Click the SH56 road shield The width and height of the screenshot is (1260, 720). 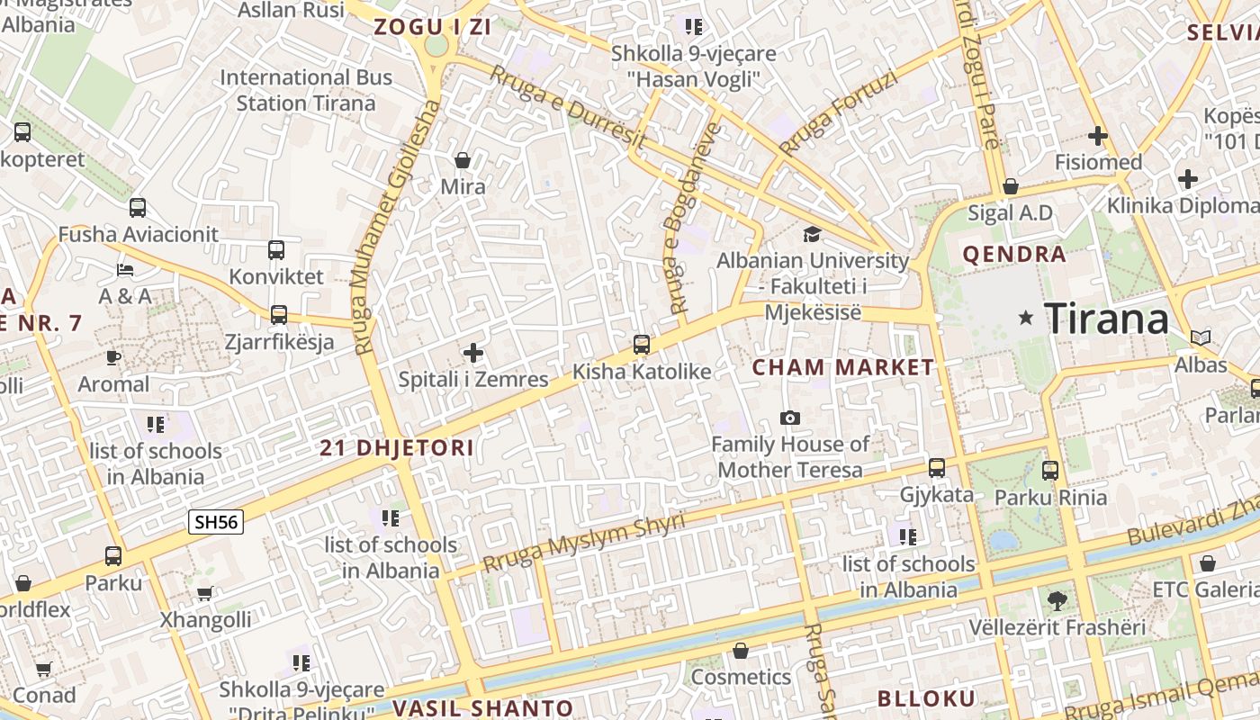tap(216, 522)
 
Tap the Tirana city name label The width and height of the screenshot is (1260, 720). tap(1106, 319)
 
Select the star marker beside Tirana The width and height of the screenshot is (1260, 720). tap(1025, 318)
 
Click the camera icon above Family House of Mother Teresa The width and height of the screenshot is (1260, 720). tap(790, 418)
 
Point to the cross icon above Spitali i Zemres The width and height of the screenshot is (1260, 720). tap(473, 353)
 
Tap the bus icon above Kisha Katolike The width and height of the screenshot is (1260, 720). tap(642, 345)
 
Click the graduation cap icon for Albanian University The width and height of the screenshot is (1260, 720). tap(813, 234)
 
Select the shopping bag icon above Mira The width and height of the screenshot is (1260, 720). tap(463, 161)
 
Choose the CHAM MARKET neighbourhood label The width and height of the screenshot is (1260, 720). tap(843, 367)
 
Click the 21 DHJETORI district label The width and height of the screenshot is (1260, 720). tap(397, 448)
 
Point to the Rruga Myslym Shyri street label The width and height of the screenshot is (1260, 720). tap(583, 543)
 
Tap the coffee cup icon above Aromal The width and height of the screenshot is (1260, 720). tap(113, 357)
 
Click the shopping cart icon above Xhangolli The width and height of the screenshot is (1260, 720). tap(205, 593)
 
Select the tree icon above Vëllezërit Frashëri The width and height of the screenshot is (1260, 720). tap(1057, 599)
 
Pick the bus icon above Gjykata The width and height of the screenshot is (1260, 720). tap(937, 468)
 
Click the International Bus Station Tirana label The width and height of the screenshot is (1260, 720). tap(306, 90)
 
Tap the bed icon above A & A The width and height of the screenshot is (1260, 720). tap(126, 269)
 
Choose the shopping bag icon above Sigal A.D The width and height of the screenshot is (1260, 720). tap(1011, 186)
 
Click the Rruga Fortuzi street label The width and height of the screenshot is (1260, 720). tap(839, 113)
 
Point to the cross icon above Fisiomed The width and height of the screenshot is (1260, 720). tap(1097, 137)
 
